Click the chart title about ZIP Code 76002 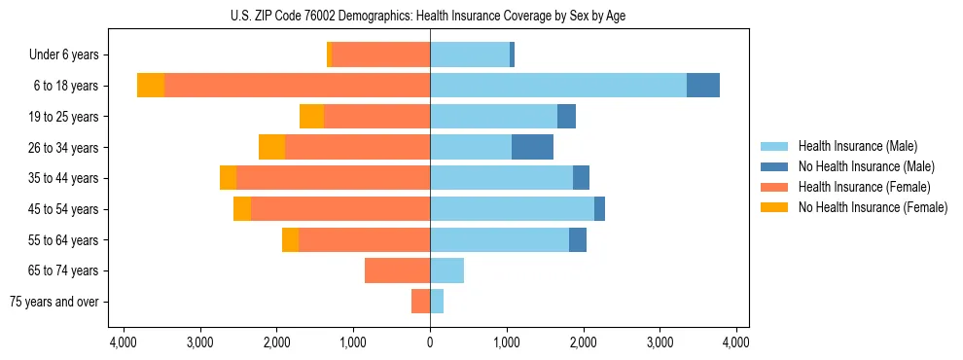coord(429,16)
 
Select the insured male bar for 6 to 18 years coord(558,86)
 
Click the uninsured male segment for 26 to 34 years coord(532,147)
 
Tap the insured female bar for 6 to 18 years coord(297,86)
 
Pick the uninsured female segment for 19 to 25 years coord(311,117)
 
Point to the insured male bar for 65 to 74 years coord(446,270)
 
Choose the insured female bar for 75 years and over coord(420,302)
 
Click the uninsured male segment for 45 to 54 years coord(599,209)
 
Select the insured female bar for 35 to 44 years coord(333,178)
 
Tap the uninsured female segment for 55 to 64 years coord(290,240)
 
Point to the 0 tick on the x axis coord(430,342)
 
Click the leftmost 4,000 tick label coord(124,342)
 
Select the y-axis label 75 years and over coord(54,302)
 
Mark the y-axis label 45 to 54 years coord(65,209)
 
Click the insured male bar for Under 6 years coord(470,55)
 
